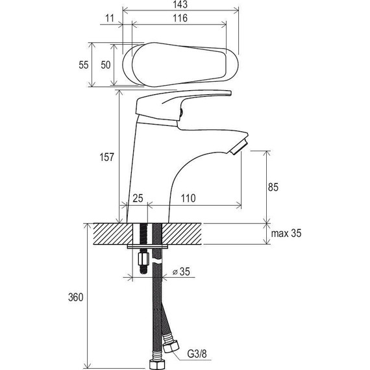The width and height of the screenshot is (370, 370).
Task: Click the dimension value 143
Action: (x=180, y=5)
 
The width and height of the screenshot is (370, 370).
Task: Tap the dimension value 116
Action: (x=180, y=18)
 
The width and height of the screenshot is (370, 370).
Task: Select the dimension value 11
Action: (x=110, y=18)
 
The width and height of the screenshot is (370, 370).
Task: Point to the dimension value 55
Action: (x=84, y=65)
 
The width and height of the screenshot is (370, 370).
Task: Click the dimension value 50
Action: (x=105, y=65)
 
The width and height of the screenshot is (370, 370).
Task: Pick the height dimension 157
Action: (x=107, y=157)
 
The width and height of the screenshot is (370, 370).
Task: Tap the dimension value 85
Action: (x=273, y=187)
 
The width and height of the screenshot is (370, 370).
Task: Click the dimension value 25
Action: (x=138, y=198)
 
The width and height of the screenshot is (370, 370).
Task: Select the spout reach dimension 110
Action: (x=188, y=198)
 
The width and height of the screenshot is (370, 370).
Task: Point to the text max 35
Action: (x=286, y=234)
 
